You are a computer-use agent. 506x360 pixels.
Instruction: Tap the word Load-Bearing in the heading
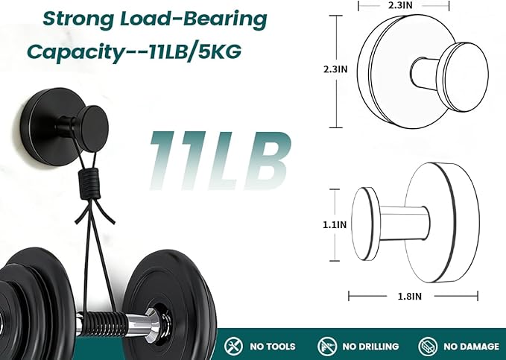point(194,19)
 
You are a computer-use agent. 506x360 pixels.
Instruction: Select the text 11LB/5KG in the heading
point(195,51)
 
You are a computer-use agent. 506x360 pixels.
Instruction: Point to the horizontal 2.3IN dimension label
point(400,5)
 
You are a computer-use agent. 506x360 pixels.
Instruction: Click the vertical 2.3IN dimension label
point(335,69)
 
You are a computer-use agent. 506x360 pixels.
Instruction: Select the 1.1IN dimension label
point(335,224)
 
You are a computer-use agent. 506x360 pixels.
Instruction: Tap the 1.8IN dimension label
point(410,296)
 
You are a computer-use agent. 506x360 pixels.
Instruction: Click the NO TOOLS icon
point(233,346)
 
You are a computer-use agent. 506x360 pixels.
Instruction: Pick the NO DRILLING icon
point(327,347)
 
